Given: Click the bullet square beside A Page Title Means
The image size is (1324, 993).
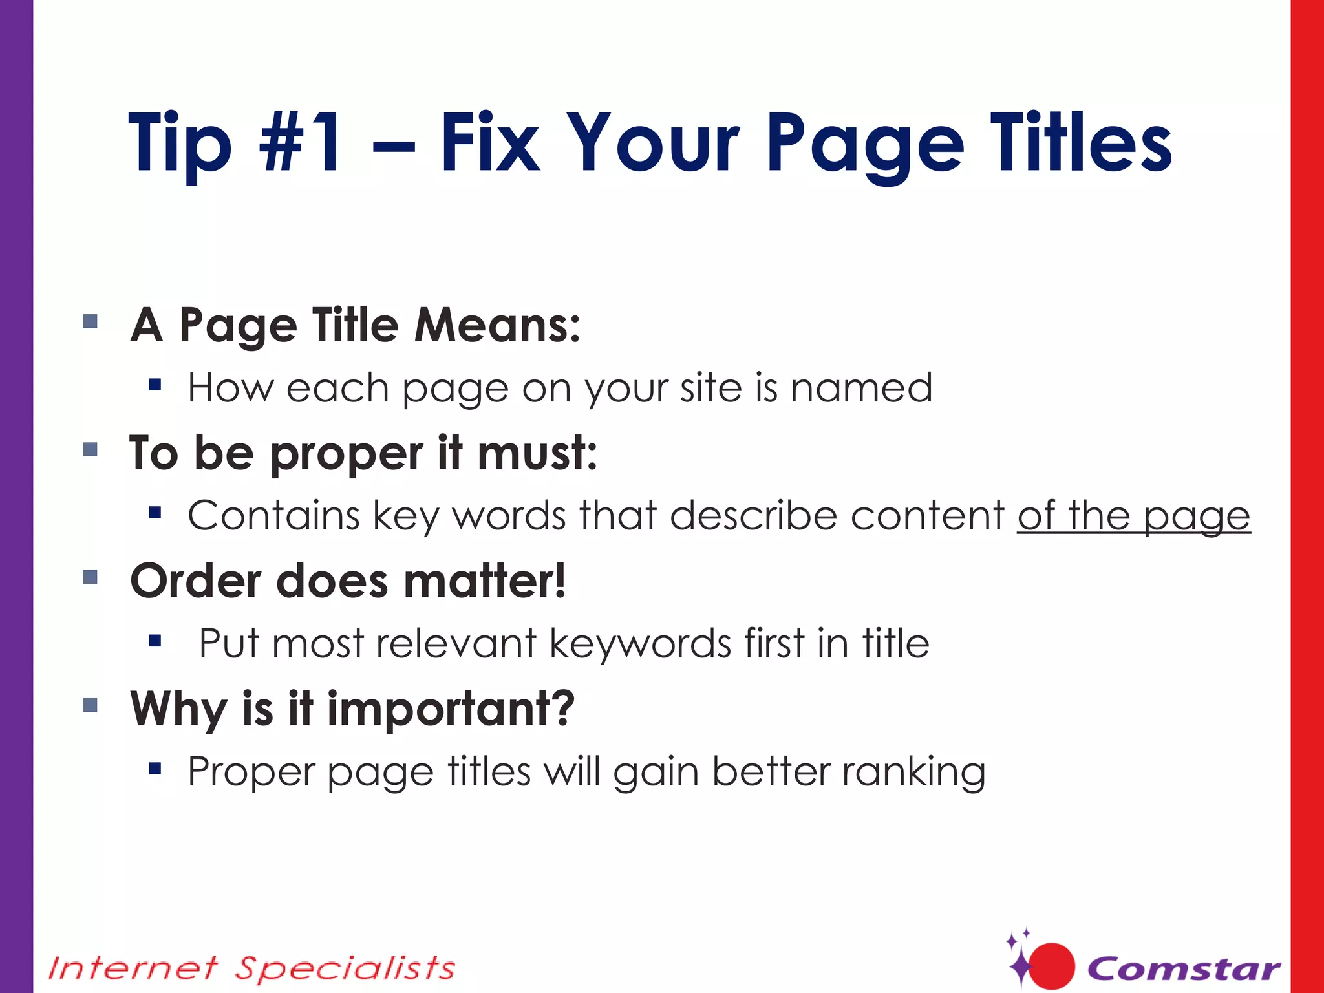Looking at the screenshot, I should pos(91,321).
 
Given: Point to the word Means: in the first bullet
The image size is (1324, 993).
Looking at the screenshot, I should pos(497,325).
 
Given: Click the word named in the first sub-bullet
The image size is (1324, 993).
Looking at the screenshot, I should pos(861,388).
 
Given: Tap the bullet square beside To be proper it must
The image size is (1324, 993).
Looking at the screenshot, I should pos(91,449).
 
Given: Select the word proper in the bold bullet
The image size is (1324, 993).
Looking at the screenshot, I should pos(347,454).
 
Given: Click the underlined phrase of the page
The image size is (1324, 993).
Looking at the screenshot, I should pos(1133,516).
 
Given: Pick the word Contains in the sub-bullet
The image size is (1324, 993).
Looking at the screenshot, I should pos(273,516).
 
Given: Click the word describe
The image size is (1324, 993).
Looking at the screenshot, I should pos(754,516).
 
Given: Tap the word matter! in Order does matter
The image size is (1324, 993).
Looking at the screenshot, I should pos(485,581).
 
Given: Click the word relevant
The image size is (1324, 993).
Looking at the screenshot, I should pos(456,643).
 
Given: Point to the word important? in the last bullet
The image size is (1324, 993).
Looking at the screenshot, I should pos(451,709).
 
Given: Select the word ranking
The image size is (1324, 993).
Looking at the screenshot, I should pos(913,772).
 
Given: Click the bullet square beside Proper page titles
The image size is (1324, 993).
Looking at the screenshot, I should pos(155,769).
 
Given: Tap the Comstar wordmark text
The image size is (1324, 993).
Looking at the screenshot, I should pos(1184,968).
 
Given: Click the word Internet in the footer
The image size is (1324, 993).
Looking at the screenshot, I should pos(133,968).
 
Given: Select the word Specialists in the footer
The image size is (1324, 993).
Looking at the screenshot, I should pos(345,968).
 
